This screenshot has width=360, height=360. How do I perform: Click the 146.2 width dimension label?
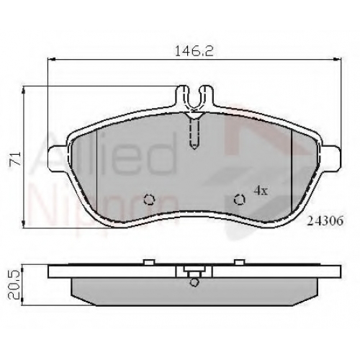point(194,51)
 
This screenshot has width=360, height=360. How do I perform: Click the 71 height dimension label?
point(15,158)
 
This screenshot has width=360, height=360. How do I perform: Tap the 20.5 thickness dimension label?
point(14,284)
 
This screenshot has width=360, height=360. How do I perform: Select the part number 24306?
point(325,221)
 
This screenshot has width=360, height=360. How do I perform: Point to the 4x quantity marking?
point(261,191)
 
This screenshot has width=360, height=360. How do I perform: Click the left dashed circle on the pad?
point(150,199)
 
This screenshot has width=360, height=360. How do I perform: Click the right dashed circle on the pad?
point(240,199)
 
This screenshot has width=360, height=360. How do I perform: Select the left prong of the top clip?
point(183,96)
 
